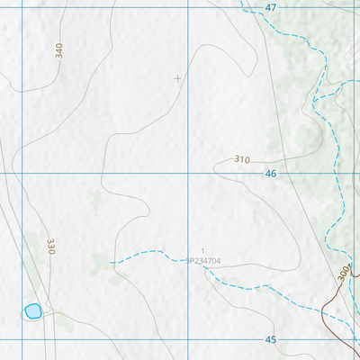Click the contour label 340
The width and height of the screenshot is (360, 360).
pyautogui.click(x=59, y=50)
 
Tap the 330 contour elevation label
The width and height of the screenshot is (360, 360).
pyautogui.click(x=51, y=247)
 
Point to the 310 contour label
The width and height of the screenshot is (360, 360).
pyautogui.click(x=241, y=159)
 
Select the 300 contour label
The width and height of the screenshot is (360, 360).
pyautogui.click(x=343, y=275)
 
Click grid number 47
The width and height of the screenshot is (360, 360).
pyautogui.click(x=271, y=7)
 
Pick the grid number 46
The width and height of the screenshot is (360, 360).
pyautogui.click(x=271, y=173)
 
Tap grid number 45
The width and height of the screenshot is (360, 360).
pyautogui.click(x=271, y=340)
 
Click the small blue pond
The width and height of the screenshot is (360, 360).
pyautogui.click(x=32, y=311)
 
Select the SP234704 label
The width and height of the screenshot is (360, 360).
pyautogui.click(x=203, y=261)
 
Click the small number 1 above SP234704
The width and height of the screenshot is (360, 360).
pyautogui.click(x=203, y=250)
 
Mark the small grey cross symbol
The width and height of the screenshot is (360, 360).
pyautogui.click(x=177, y=78)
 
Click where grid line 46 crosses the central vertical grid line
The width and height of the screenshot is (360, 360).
pyautogui.click(x=188, y=172)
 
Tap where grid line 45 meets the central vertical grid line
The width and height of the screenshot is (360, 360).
pyautogui.click(x=188, y=340)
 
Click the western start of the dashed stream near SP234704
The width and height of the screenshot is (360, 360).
pyautogui.click(x=112, y=263)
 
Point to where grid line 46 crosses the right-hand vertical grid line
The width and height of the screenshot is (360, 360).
pyautogui.click(x=345, y=172)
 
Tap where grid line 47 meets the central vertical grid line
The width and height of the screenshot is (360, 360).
pyautogui.click(x=188, y=8)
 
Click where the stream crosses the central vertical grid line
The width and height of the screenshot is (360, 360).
pyautogui.click(x=188, y=259)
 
